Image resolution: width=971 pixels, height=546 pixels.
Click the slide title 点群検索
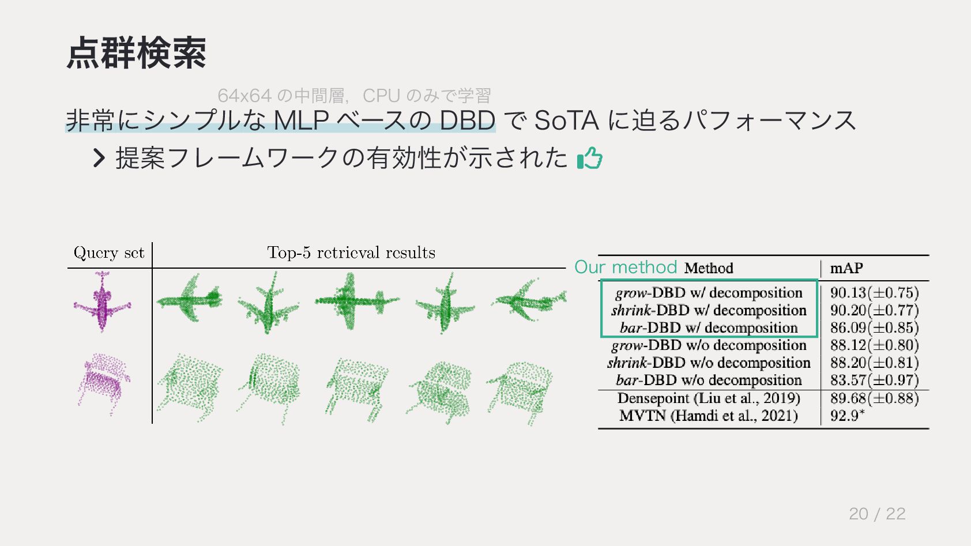pos(136,53)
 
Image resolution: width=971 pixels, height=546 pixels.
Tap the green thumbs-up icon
pos(589,158)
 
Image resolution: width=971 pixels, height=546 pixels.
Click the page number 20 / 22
pos(876,514)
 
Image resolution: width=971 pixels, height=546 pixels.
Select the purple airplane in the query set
pos(103,302)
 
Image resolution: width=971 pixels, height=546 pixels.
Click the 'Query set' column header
pos(109,253)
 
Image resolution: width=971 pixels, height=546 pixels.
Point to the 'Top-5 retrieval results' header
pos(351,253)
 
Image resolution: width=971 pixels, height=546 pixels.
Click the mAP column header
pos(846,268)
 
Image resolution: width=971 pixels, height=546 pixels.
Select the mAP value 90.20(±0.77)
pos(874,310)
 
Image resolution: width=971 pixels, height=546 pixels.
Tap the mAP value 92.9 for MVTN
pos(846,416)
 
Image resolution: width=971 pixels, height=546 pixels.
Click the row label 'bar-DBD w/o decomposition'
pos(709,381)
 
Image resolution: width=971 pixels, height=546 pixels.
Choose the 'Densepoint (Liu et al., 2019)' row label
pos(709,398)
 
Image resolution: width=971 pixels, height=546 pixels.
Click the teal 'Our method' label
pos(626,267)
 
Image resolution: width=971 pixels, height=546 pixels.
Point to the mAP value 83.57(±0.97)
pos(874,381)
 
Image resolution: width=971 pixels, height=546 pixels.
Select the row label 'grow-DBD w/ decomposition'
pos(709,293)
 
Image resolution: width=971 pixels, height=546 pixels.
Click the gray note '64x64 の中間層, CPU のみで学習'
pos(354,95)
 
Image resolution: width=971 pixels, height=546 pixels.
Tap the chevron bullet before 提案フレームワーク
pos(99,158)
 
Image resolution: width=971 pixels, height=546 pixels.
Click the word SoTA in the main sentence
pos(567,121)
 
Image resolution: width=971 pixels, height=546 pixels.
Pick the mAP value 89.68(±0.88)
pos(874,398)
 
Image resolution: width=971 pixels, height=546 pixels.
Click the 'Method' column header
pos(709,268)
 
